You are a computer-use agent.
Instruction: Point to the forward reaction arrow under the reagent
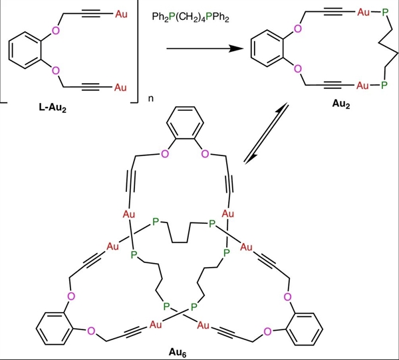coord(203,49)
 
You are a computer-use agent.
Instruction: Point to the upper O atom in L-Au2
coord(55,31)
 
